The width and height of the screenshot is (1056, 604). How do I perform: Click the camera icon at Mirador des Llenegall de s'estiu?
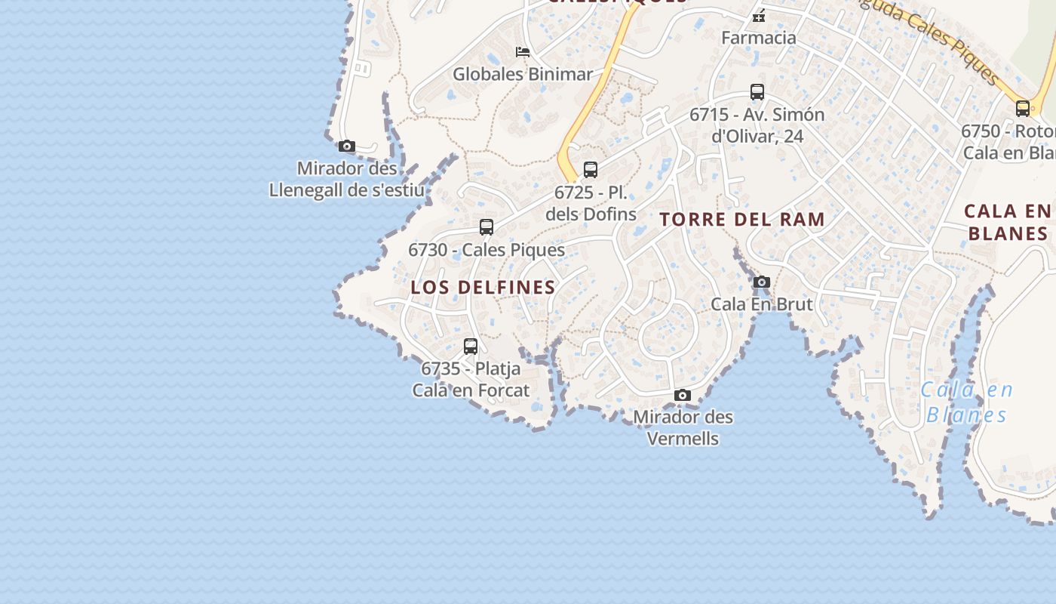pyautogui.click(x=347, y=146)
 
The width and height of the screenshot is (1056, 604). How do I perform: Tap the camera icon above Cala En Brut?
pyautogui.click(x=762, y=282)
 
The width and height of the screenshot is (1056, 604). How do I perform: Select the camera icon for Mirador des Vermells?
pyautogui.click(x=683, y=395)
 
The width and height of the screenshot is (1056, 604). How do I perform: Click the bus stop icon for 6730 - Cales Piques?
pyautogui.click(x=487, y=226)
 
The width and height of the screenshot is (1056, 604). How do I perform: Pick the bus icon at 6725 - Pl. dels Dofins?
pyautogui.click(x=591, y=170)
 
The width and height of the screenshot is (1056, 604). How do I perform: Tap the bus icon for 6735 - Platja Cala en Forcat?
pyautogui.click(x=471, y=347)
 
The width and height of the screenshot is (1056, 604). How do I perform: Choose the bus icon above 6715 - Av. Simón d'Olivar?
pyautogui.click(x=757, y=92)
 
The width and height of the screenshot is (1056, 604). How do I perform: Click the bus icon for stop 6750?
pyautogui.click(x=1023, y=108)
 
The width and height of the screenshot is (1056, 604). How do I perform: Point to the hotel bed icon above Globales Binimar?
pyautogui.click(x=523, y=51)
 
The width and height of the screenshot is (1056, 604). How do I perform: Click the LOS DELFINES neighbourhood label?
pyautogui.click(x=483, y=288)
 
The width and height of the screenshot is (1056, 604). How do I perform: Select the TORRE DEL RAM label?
pyautogui.click(x=742, y=220)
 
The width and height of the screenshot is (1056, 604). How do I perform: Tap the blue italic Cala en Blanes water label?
pyautogui.click(x=967, y=402)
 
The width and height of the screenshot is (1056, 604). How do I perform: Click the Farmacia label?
pyautogui.click(x=759, y=38)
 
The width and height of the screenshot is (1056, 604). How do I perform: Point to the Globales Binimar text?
pyautogui.click(x=523, y=74)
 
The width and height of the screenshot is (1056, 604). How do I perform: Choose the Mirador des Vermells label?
pyautogui.click(x=683, y=427)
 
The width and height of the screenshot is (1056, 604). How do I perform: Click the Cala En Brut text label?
pyautogui.click(x=762, y=304)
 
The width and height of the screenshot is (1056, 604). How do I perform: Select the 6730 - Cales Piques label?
pyautogui.click(x=487, y=250)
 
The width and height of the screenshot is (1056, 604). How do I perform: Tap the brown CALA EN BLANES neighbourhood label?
pyautogui.click(x=1009, y=222)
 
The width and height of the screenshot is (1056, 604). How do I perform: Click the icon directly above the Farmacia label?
pyautogui.click(x=759, y=14)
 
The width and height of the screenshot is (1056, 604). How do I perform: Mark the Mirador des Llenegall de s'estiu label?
pyautogui.click(x=347, y=179)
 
